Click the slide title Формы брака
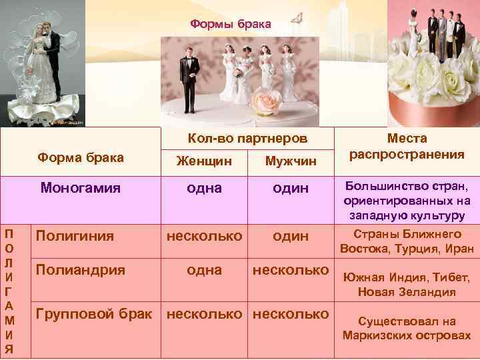(231, 24)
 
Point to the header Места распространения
(407, 147)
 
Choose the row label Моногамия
(80, 187)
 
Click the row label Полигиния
(75, 235)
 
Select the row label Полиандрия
(80, 269)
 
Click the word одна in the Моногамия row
(204, 188)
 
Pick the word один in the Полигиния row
(291, 235)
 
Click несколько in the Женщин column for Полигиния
(204, 235)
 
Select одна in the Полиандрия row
(204, 269)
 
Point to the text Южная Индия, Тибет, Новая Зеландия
(407, 285)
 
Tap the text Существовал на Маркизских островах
(407, 328)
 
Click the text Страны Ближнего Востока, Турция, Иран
(407, 241)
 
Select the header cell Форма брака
(81, 157)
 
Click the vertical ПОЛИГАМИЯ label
(8, 291)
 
